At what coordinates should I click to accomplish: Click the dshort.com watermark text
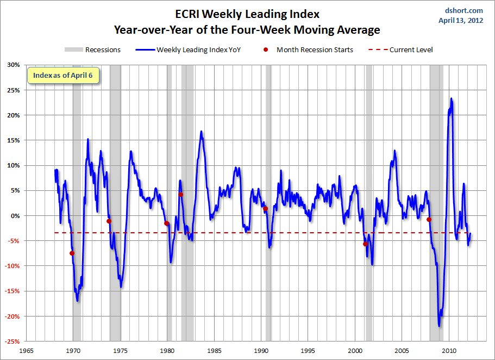[x=463, y=10]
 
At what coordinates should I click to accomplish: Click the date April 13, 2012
[x=460, y=21]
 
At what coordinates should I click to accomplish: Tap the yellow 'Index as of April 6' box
[x=63, y=75]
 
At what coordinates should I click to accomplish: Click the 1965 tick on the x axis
[x=26, y=351]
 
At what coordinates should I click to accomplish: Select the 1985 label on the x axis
[x=214, y=351]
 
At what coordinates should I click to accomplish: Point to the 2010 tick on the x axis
[x=449, y=351]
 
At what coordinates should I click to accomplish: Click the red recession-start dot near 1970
[x=72, y=253]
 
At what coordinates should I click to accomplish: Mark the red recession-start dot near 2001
[x=365, y=244]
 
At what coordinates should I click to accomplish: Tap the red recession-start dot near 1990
[x=265, y=209]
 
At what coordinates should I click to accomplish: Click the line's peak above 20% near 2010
[x=451, y=99]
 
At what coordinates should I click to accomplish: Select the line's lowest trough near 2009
[x=439, y=326]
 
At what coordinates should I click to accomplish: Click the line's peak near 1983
[x=201, y=132]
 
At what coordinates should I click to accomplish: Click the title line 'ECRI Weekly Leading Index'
[x=247, y=14]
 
